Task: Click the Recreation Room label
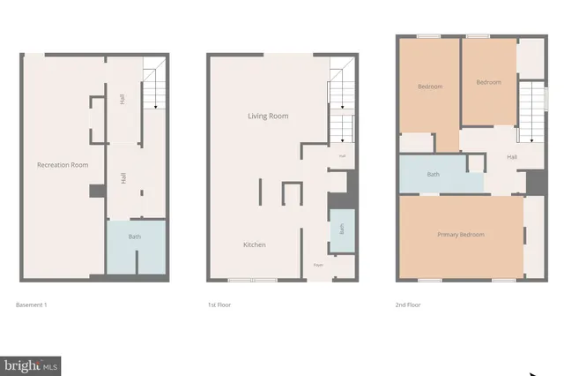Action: coord(62,165)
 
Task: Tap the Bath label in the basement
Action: coord(135,237)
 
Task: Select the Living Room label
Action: coord(267,116)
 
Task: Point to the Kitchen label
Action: coord(255,244)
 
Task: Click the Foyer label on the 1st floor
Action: coord(317,265)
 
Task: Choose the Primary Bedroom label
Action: coord(461,234)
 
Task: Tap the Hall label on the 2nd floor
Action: coord(512,157)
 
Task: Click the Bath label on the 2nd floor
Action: coord(433,174)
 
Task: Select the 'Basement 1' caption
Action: coord(32,305)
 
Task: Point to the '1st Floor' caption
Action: coord(219,305)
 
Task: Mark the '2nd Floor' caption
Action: coord(408,305)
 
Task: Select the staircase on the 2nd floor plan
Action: coord(531,109)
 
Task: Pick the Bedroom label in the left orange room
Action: coord(429,86)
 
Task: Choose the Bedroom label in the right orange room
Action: coord(488,82)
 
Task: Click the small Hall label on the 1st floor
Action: coord(340,156)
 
